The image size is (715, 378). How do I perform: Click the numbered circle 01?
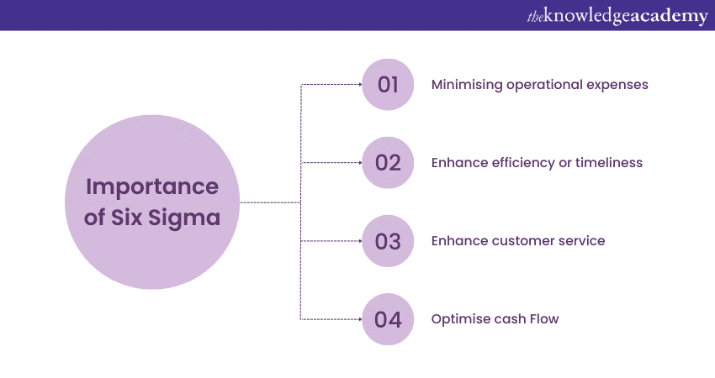pyautogui.click(x=388, y=85)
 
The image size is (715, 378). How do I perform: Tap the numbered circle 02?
pyautogui.click(x=388, y=163)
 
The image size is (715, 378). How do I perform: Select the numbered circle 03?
pyautogui.click(x=388, y=241)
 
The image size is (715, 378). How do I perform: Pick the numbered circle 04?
pyautogui.click(x=388, y=319)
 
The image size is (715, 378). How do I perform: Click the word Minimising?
pyautogui.click(x=467, y=85)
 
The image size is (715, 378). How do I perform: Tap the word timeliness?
pyautogui.click(x=609, y=163)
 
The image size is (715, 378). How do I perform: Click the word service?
pyautogui.click(x=582, y=241)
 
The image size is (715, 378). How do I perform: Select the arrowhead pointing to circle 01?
pyautogui.click(x=359, y=85)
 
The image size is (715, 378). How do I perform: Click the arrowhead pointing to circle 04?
pyautogui.click(x=359, y=319)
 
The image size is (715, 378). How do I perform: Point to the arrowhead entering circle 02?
pyautogui.click(x=359, y=163)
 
